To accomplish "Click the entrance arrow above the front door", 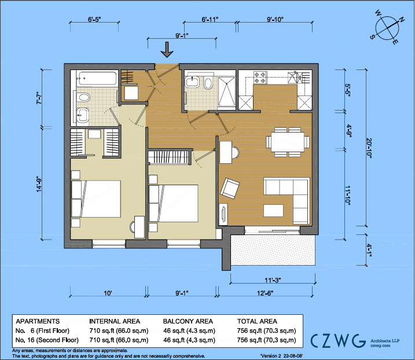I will (x=167, y=51).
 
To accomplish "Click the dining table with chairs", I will (x=285, y=141).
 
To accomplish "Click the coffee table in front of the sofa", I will (x=273, y=210).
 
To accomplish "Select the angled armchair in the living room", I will (x=231, y=188).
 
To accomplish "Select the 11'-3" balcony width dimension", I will (x=273, y=280).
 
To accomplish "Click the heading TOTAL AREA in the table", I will (x=258, y=321).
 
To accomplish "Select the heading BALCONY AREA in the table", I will (x=188, y=321).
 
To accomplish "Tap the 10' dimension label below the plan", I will (x=108, y=293).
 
